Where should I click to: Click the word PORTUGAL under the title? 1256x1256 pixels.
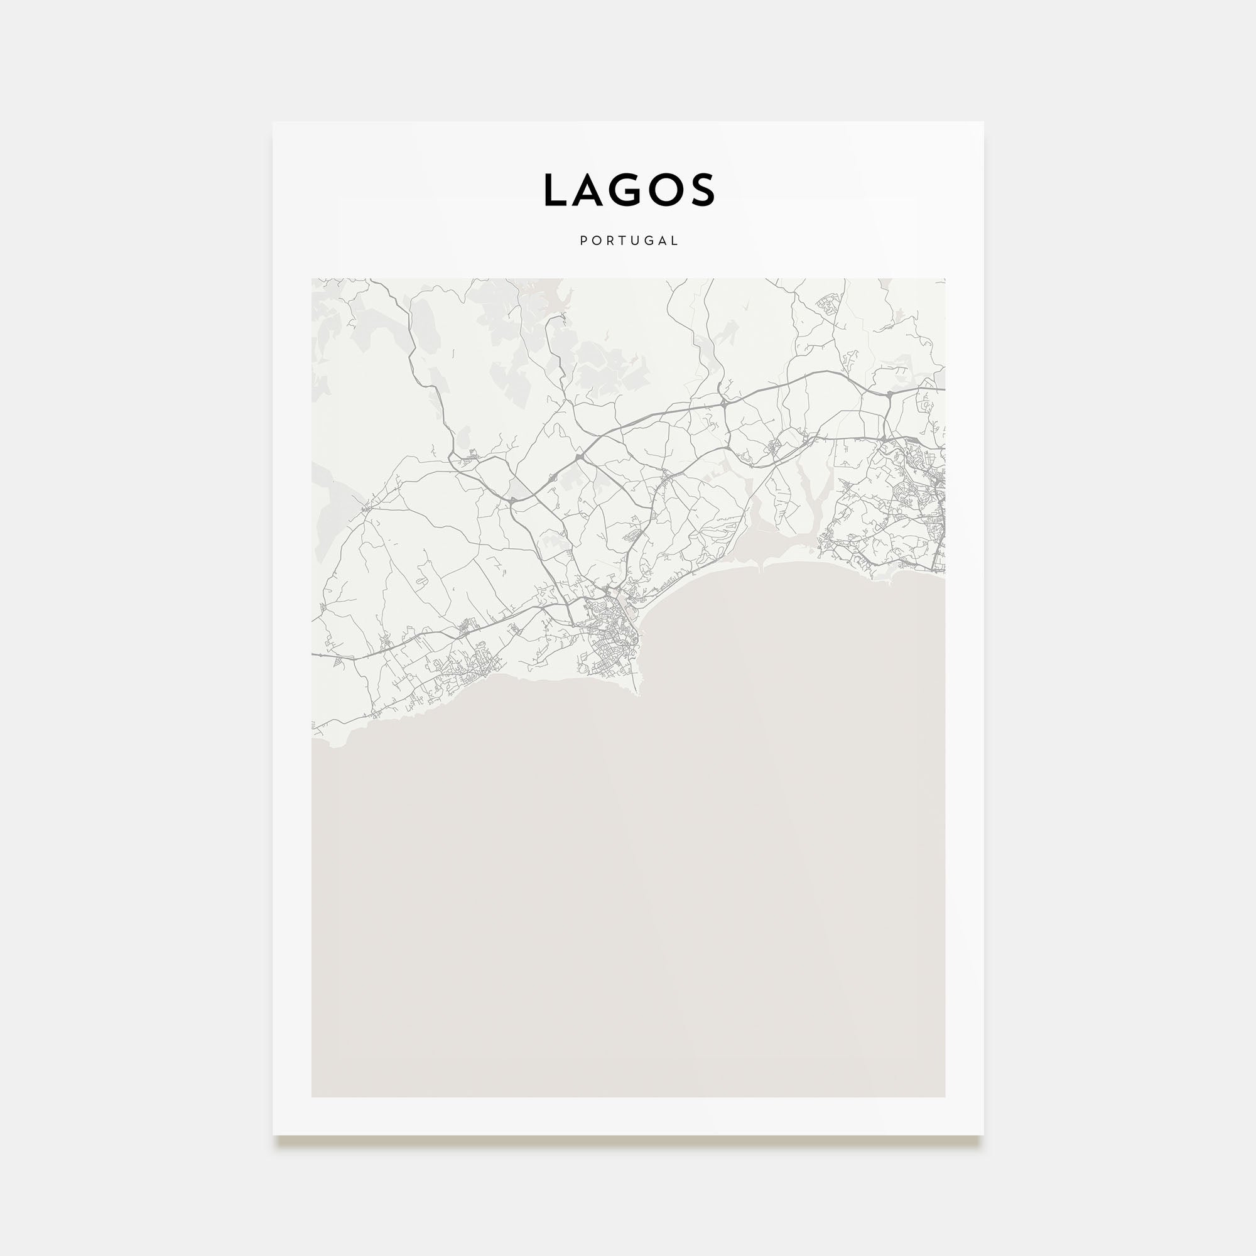click(629, 241)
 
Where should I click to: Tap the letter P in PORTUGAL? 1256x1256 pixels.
click(584, 241)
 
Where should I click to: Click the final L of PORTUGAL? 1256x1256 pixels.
click(675, 241)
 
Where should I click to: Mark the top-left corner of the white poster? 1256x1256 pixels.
click(273, 122)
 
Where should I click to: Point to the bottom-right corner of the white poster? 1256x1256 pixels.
click(983, 1135)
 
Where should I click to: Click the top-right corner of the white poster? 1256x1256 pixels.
click(983, 122)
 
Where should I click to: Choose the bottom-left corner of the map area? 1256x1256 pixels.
click(312, 1096)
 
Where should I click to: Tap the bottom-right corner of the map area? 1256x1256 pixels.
click(945, 1096)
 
